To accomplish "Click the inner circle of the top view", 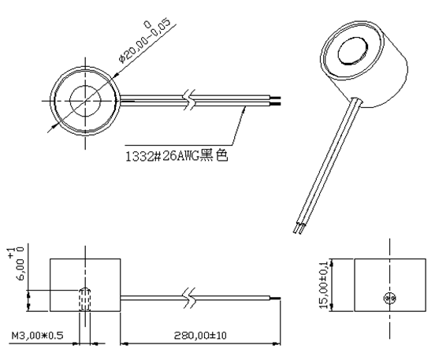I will tap(84, 102).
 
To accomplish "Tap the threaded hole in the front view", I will tap(84, 299).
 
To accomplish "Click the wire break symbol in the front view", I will tap(191, 298).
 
